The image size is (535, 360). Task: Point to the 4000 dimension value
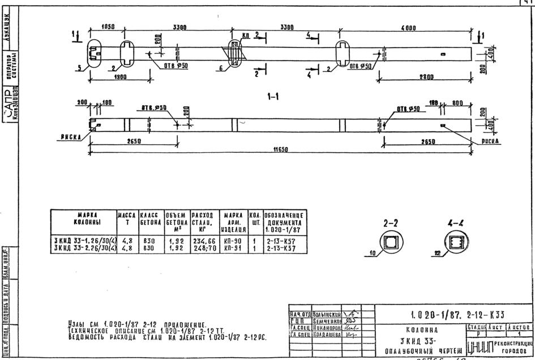[x=408, y=27]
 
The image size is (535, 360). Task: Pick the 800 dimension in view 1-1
[x=457, y=104]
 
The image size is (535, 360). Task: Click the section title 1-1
[x=273, y=97]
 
